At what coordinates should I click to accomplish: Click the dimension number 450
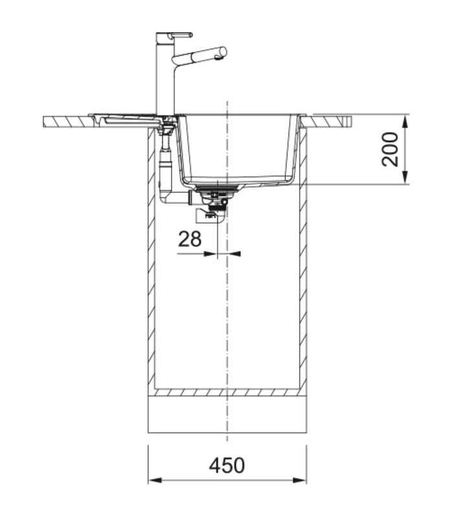point(227,465)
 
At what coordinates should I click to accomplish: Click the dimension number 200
point(390,149)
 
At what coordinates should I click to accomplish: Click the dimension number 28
point(190,239)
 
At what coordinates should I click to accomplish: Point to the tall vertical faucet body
point(165,76)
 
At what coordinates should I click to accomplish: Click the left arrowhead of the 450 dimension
point(155,480)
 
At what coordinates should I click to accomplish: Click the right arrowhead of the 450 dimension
point(300,480)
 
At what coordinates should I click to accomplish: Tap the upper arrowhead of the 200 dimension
point(406,121)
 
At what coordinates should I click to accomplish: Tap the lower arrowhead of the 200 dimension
point(406,177)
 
